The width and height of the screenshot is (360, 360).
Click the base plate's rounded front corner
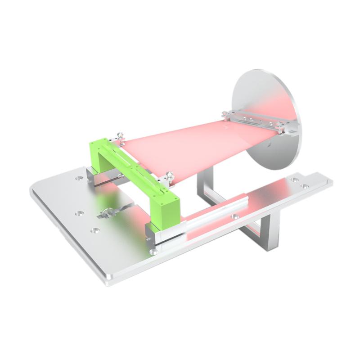(x=108, y=281)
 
